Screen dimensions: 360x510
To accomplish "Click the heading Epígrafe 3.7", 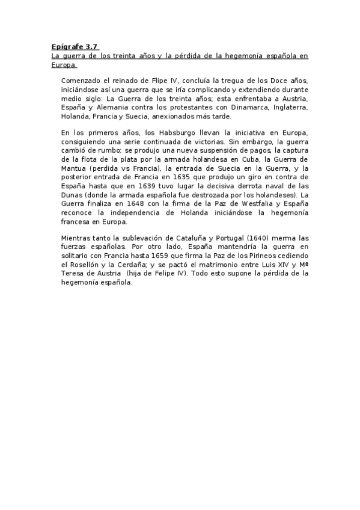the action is pos(75,46).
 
